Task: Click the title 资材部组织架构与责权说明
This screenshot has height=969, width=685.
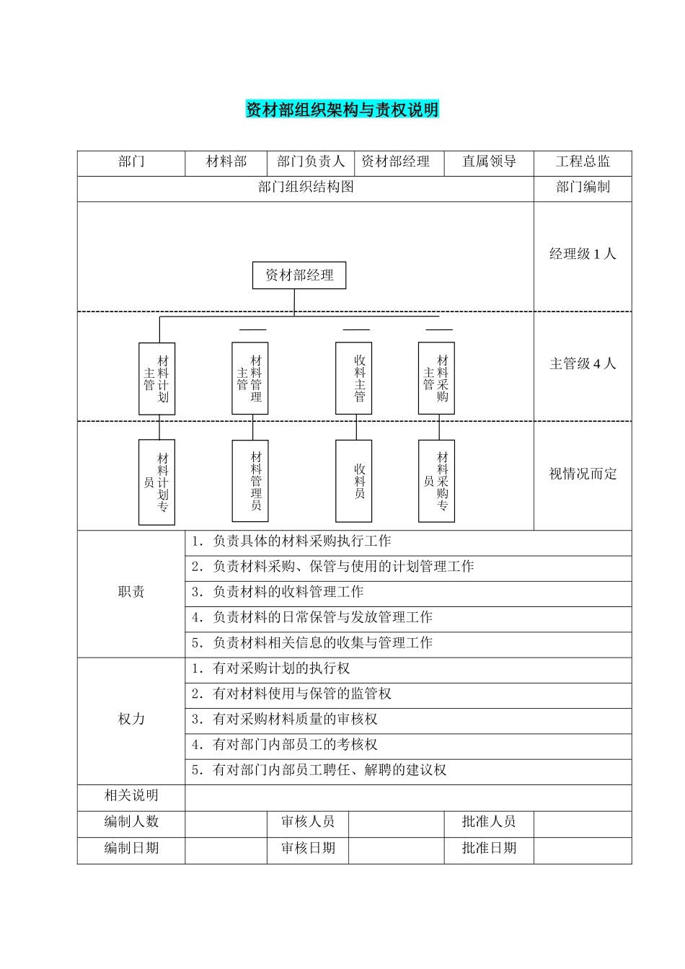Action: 342,110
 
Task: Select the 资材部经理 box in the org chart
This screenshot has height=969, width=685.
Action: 299,275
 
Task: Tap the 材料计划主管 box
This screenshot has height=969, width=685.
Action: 156,379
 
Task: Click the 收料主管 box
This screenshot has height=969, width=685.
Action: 353,379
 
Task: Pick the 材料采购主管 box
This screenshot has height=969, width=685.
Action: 436,379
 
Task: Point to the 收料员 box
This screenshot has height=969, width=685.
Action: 353,481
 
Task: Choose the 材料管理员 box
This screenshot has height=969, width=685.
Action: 250,481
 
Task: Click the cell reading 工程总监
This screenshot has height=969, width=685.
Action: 583,162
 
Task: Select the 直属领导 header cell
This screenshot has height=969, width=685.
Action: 489,162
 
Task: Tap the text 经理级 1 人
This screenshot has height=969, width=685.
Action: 583,254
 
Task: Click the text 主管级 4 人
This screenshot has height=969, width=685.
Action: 583,364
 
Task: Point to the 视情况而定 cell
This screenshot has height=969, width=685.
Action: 583,474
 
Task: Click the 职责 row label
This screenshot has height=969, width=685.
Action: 131,592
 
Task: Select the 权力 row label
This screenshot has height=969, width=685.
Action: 131,720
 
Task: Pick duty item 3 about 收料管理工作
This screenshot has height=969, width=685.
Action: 278,592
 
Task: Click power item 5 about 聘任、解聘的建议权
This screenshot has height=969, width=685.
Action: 319,770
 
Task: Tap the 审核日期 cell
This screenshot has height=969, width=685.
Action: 308,848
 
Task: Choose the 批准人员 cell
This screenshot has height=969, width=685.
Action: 489,822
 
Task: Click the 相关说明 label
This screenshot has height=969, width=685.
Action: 131,796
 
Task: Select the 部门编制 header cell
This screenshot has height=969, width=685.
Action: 583,187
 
